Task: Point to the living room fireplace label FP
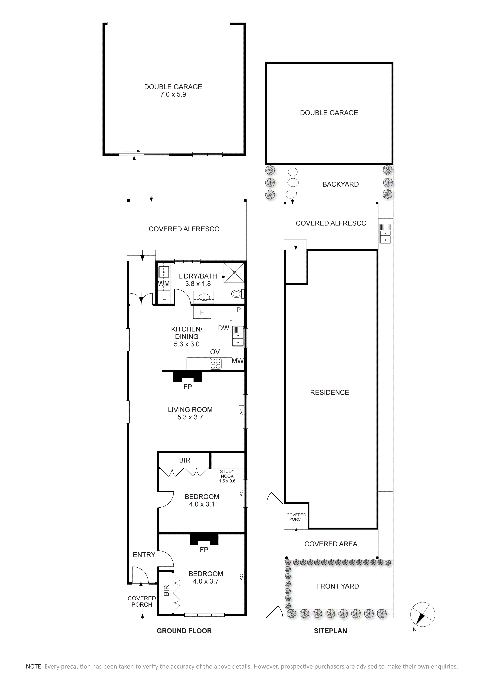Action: pyautogui.click(x=188, y=387)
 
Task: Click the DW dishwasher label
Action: pyautogui.click(x=224, y=328)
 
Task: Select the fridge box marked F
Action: pyautogui.click(x=202, y=312)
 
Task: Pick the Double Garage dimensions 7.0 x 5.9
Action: pyautogui.click(x=173, y=94)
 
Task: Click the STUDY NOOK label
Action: pyautogui.click(x=227, y=474)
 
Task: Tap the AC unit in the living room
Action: pyautogui.click(x=242, y=411)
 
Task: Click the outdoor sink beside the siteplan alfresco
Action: pyautogui.click(x=386, y=234)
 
